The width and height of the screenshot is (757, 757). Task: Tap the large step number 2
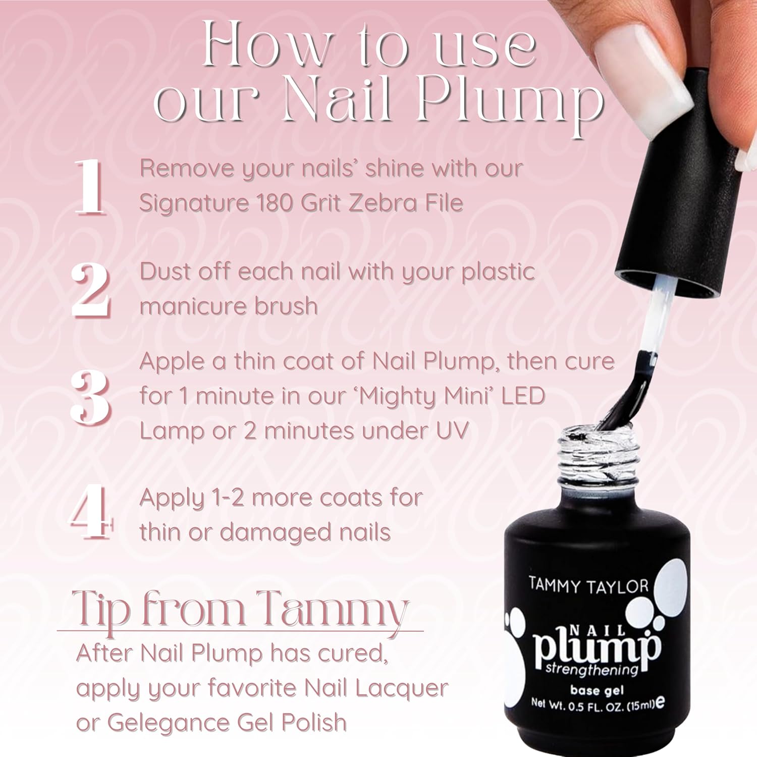[91, 291]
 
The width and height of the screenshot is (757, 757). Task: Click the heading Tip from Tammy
[240, 610]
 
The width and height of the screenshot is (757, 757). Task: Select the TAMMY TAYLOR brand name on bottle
[588, 586]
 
